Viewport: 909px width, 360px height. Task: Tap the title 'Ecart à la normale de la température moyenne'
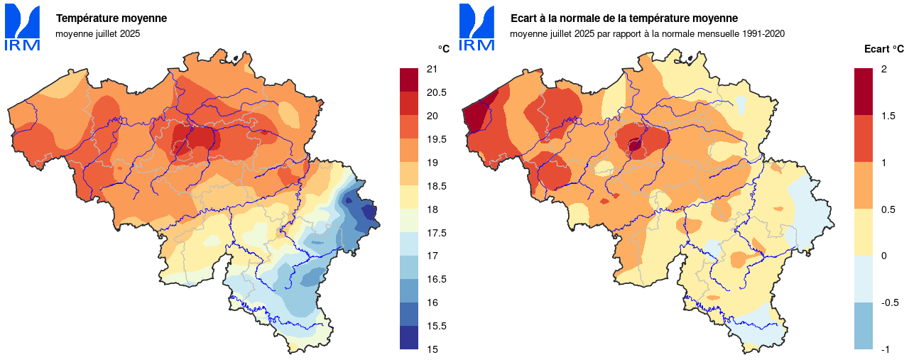pos(624,18)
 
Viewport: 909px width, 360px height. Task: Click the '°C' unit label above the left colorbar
pos(443,49)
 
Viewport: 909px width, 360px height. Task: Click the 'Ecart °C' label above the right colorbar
pos(884,49)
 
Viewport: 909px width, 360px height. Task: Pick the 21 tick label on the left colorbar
pos(431,69)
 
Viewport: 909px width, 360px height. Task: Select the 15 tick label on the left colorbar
pos(431,349)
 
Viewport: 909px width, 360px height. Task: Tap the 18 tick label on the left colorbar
pos(431,209)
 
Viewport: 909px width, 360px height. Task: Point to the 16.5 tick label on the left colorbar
pos(435,279)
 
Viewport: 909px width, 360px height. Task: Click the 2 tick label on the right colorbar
pos(883,69)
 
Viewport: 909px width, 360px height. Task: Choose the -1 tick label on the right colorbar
pos(885,349)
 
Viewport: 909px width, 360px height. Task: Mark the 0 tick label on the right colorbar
pos(883,256)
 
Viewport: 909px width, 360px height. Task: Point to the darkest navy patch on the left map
pos(369,211)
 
